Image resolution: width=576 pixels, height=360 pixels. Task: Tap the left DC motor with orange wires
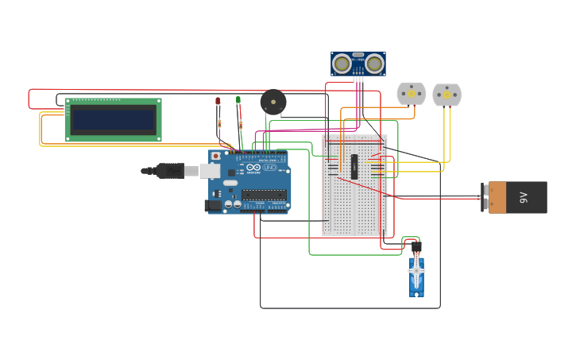click(x=412, y=94)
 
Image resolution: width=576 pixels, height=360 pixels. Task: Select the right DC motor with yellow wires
click(x=446, y=95)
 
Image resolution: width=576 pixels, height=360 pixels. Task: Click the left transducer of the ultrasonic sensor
click(x=342, y=64)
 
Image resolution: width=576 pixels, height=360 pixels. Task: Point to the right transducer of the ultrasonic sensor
click(x=374, y=64)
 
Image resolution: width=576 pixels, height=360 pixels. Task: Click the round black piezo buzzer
click(x=273, y=102)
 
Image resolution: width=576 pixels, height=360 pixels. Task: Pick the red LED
click(x=218, y=101)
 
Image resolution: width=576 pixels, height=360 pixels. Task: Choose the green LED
click(x=238, y=99)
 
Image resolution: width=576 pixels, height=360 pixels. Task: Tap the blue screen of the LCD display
click(x=113, y=120)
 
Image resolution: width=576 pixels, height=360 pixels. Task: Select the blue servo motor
click(x=416, y=277)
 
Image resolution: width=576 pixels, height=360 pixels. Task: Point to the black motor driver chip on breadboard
click(x=354, y=166)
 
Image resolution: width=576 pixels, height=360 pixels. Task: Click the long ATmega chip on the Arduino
click(x=264, y=195)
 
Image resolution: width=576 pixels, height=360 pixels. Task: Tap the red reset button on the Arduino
click(x=215, y=156)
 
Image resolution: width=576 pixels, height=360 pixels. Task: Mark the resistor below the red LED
click(x=219, y=123)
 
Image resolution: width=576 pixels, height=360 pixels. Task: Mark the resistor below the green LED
click(x=241, y=124)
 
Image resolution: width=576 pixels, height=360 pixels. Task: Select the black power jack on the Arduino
click(x=213, y=206)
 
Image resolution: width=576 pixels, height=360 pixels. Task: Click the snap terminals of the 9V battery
click(x=484, y=197)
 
